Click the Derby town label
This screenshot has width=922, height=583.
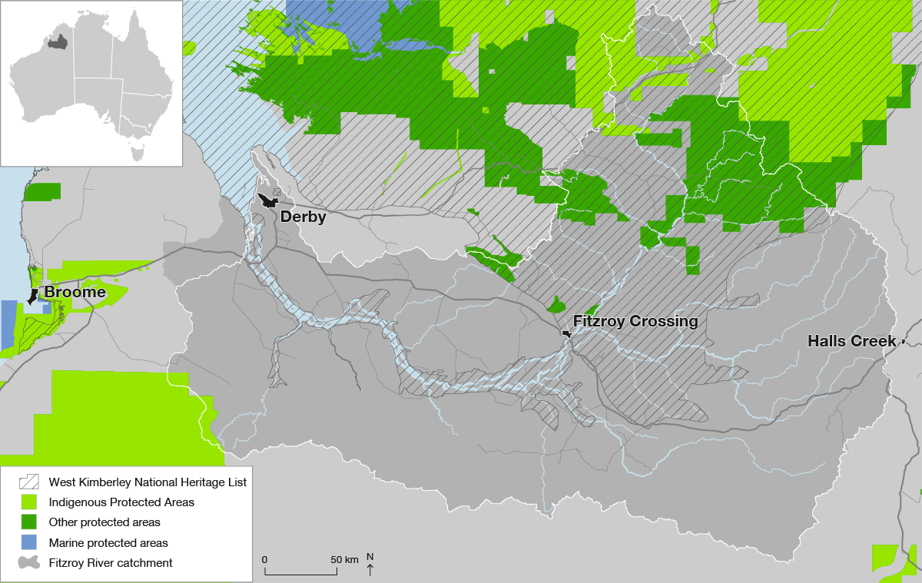pos(303,217)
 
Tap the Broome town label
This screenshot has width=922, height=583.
pos(75,293)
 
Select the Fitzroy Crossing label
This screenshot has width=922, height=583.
pos(635,322)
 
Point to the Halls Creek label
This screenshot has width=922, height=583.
pos(851,340)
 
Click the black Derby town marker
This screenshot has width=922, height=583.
pos(269,201)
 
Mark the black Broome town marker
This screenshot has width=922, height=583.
pos(33,296)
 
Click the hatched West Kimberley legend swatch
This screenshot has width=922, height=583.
pos(29,482)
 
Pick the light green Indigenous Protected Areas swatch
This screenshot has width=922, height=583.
pos(29,502)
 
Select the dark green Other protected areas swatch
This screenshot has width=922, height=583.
pos(29,522)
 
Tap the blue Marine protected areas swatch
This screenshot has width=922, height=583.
pos(29,542)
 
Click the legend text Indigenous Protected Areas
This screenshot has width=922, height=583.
pos(121,502)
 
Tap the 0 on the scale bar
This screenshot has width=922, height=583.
pos(265,559)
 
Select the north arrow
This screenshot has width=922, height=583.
pos(370,570)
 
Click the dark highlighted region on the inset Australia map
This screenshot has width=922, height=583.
pos(56,41)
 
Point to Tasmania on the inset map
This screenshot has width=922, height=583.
pos(138,154)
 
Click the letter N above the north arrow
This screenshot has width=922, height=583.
pos(370,557)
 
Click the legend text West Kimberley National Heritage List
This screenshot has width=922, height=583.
pos(148,482)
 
